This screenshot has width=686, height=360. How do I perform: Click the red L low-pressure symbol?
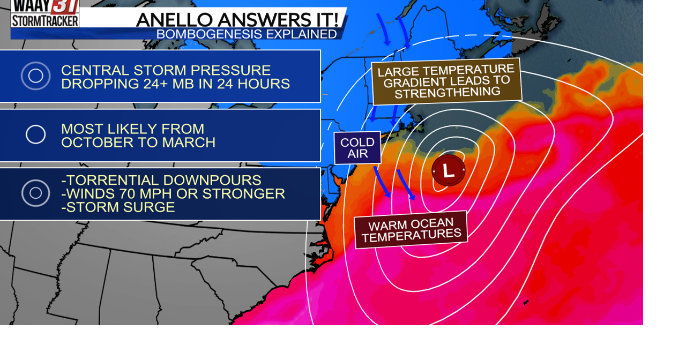[449, 170]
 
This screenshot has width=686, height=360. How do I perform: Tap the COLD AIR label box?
[357, 147]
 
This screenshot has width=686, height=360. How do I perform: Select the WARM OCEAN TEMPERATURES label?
[411, 230]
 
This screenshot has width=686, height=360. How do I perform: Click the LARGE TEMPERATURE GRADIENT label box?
[446, 81]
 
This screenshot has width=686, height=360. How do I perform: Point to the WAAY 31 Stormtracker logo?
[45, 13]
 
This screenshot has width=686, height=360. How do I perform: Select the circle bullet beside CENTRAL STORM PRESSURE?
[36, 76]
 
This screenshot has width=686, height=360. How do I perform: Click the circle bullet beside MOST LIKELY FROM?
[36, 134]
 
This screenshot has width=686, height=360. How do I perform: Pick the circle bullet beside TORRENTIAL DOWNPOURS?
[36, 193]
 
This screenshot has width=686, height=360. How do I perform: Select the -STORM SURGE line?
[118, 207]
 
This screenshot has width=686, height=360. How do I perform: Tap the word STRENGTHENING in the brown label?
[448, 92]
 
